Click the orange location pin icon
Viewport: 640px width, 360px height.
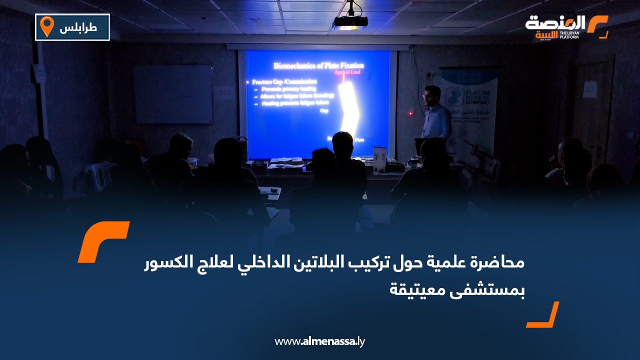point(46,26)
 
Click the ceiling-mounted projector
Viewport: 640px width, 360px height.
point(350,21)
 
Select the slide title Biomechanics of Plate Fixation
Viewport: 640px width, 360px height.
point(318,65)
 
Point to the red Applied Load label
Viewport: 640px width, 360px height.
point(346,72)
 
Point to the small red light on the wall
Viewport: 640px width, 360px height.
point(410,113)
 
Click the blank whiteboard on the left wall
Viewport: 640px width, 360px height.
point(172,94)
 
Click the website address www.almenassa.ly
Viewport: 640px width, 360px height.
point(320,341)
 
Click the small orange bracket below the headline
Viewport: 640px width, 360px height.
point(544,316)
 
